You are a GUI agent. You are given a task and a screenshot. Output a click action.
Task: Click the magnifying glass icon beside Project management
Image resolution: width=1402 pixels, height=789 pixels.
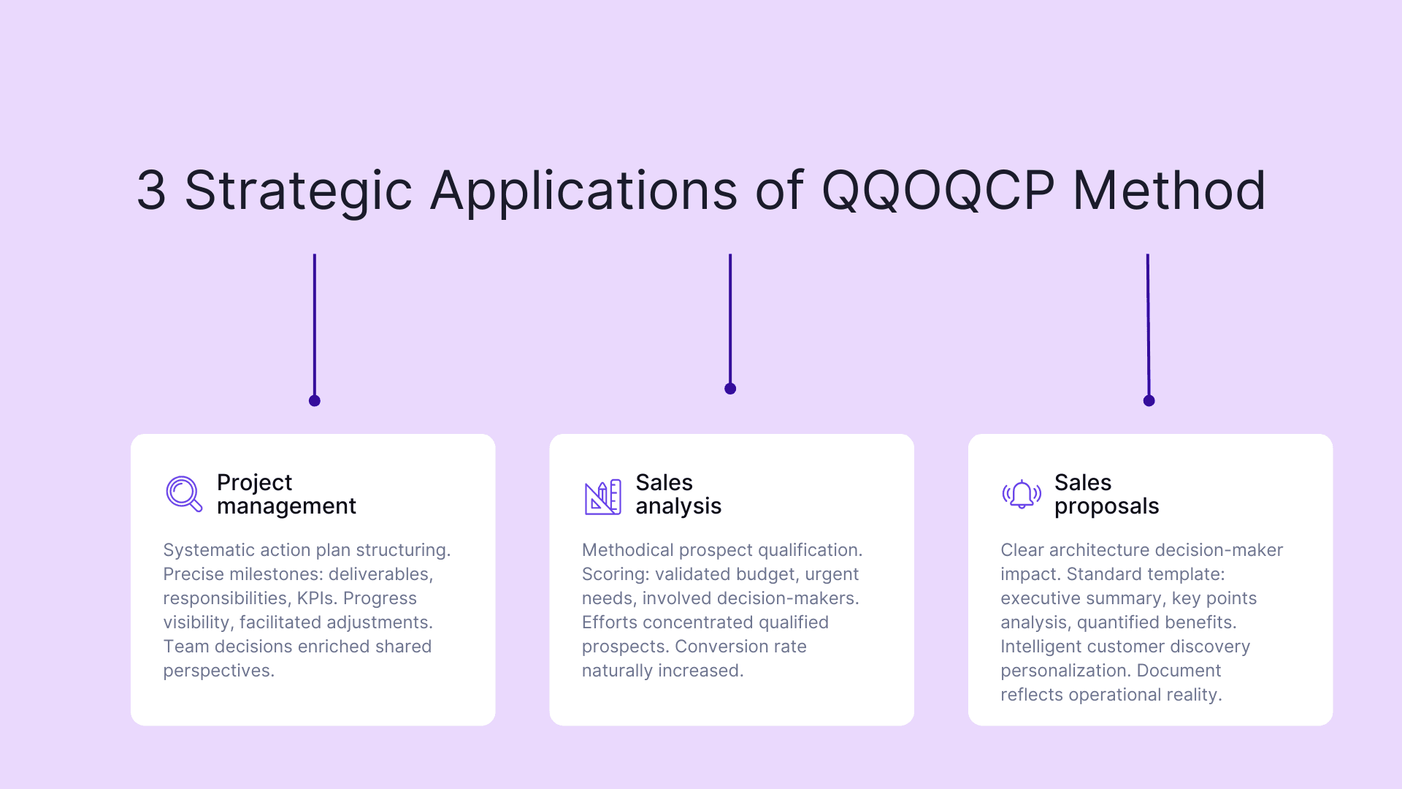(x=183, y=494)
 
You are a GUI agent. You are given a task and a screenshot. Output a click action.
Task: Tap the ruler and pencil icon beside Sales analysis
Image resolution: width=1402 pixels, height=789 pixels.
(x=602, y=497)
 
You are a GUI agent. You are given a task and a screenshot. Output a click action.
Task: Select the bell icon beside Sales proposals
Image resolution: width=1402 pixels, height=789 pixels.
(x=1021, y=495)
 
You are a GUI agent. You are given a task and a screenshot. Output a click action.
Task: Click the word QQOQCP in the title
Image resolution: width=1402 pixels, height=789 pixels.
(x=938, y=191)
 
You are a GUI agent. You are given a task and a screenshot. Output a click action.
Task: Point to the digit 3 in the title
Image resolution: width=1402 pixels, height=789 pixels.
(x=151, y=191)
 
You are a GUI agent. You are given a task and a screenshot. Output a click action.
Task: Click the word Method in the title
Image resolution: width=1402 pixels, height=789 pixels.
(x=1168, y=191)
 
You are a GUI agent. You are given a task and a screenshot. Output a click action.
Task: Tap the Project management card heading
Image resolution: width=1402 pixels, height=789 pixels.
(x=286, y=494)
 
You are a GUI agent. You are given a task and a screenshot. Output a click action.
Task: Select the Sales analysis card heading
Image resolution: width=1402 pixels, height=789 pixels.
(x=678, y=494)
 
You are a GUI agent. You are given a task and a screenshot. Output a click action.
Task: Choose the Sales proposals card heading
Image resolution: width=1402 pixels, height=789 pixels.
(x=1106, y=494)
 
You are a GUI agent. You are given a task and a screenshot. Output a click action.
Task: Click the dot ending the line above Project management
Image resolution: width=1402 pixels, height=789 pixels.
(x=315, y=400)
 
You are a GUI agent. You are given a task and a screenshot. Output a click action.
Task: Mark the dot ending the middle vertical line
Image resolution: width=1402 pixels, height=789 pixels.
(x=730, y=389)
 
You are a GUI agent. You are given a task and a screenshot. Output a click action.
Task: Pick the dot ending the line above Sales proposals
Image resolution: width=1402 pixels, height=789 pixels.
(x=1149, y=400)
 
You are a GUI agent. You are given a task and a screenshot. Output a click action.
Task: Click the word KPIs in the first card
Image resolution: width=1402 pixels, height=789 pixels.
(x=316, y=598)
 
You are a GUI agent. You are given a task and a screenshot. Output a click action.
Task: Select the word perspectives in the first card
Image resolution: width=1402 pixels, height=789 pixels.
(x=218, y=671)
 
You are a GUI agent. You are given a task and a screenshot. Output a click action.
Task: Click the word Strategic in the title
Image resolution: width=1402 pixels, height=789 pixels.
(x=298, y=191)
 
